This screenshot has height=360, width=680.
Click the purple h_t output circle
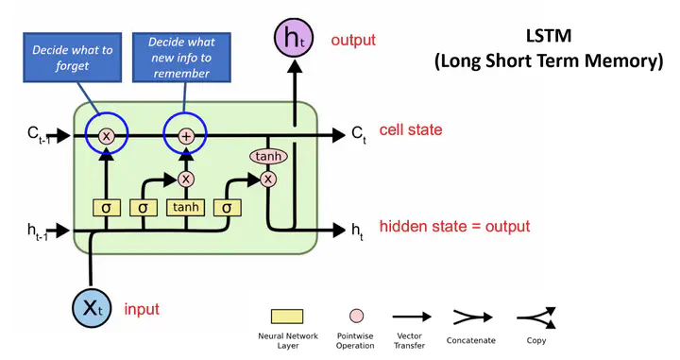294,39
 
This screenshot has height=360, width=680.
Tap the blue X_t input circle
93,307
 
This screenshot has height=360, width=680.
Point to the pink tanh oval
267,155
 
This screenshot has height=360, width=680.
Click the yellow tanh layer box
185,206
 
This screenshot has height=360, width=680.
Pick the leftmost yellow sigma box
107,206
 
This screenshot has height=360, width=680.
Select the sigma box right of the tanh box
228,206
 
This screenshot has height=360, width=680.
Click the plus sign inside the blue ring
186,137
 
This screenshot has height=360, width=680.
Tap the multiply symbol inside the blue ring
107,137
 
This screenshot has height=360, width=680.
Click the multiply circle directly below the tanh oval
268,179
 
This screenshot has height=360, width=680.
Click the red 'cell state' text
410,130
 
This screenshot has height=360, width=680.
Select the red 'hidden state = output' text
453,227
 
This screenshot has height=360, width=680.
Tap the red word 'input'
141,309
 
